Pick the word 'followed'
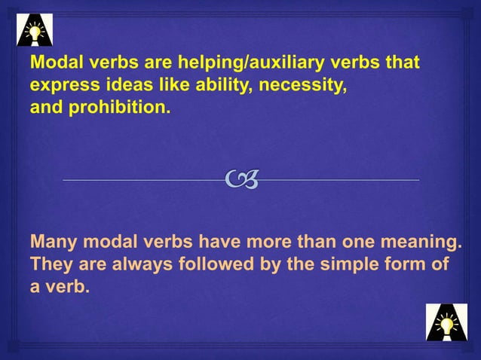pyautogui.click(x=204, y=266)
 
